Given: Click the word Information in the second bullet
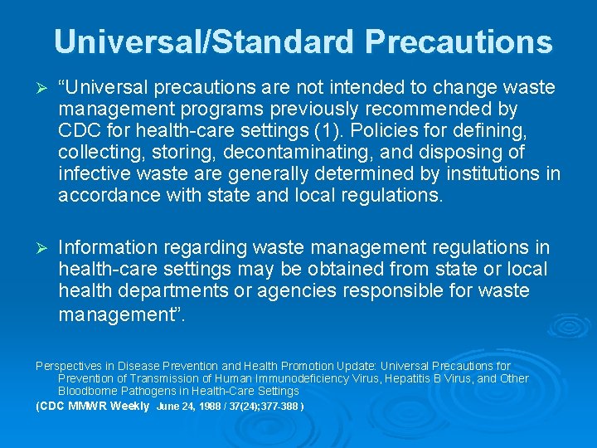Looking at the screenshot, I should [108, 247].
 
